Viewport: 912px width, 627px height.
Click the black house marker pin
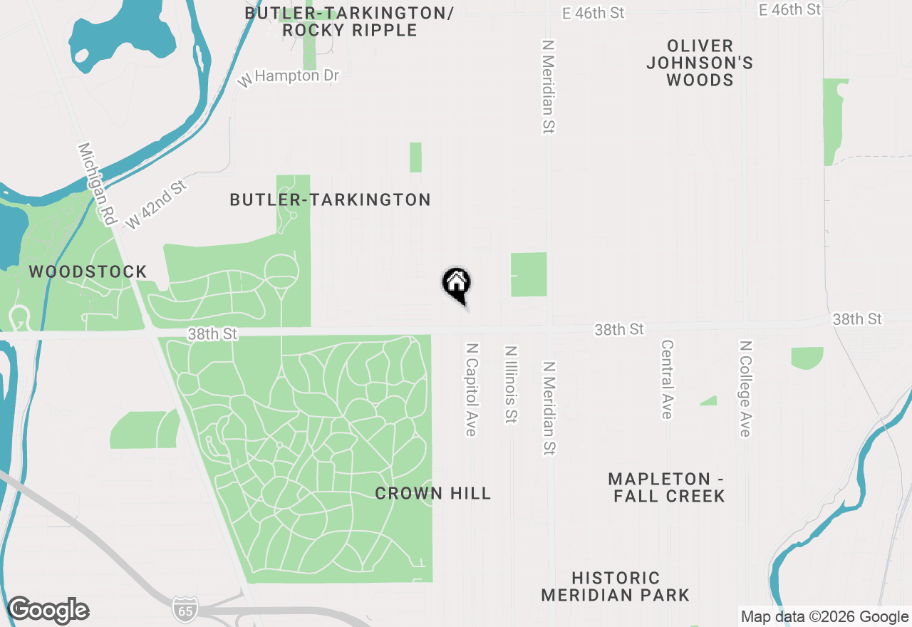pyautogui.click(x=456, y=284)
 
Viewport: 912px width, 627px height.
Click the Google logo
pyautogui.click(x=48, y=611)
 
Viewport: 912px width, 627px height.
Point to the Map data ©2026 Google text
pyautogui.click(x=824, y=617)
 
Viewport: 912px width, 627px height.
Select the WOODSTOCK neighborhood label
pyautogui.click(x=88, y=271)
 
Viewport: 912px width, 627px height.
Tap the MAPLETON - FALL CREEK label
pyautogui.click(x=669, y=487)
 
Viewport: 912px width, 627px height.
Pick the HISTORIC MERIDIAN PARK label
pyautogui.click(x=615, y=586)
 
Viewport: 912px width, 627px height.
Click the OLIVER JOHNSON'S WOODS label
pyautogui.click(x=700, y=63)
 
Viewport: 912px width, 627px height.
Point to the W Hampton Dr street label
pyautogui.click(x=289, y=77)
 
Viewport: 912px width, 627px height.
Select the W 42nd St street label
pyautogui.click(x=156, y=204)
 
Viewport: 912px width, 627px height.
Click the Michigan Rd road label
pyautogui.click(x=97, y=185)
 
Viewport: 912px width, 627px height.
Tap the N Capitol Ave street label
pyautogui.click(x=471, y=389)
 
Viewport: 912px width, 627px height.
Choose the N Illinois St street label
pyautogui.click(x=510, y=385)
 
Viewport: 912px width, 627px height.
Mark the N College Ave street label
pyautogui.click(x=745, y=388)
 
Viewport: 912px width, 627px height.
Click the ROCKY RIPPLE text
pyautogui.click(x=349, y=31)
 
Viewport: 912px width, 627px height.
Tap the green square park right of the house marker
pyautogui.click(x=529, y=274)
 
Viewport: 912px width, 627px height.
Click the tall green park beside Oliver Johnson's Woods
pyautogui.click(x=834, y=121)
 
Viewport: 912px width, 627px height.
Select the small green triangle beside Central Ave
pyautogui.click(x=710, y=401)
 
